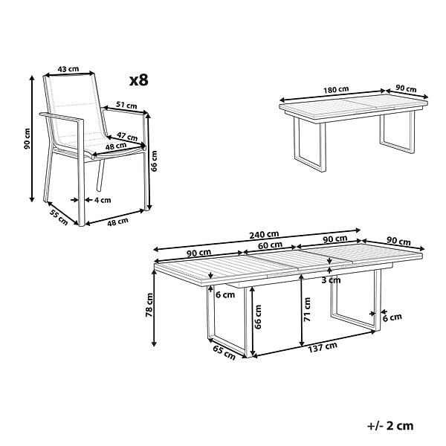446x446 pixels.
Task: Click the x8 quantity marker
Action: tap(139, 80)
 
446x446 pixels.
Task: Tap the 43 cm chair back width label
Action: tap(68, 69)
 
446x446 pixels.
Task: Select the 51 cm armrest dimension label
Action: tap(126, 105)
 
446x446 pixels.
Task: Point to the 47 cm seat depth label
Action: tap(127, 136)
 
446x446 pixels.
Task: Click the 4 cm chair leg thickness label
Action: tap(103, 200)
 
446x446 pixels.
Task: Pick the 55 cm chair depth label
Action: tap(59, 217)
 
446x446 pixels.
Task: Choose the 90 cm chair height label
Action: tap(27, 139)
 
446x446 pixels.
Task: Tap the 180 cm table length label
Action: tap(336, 90)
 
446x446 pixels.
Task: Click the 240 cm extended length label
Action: tap(264, 235)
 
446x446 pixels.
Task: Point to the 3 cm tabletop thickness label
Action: tap(331, 280)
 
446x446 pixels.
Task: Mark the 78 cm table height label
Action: tap(149, 305)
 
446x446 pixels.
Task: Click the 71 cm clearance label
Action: tap(307, 310)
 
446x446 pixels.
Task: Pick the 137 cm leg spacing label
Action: tap(323, 347)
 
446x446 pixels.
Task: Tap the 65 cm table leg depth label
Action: tap(224, 352)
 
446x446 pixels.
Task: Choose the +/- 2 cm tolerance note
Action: tap(390, 426)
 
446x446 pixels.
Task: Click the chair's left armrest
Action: tap(62, 117)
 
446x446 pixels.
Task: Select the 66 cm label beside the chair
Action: tap(154, 161)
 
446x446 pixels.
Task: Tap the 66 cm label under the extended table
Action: tap(258, 317)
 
